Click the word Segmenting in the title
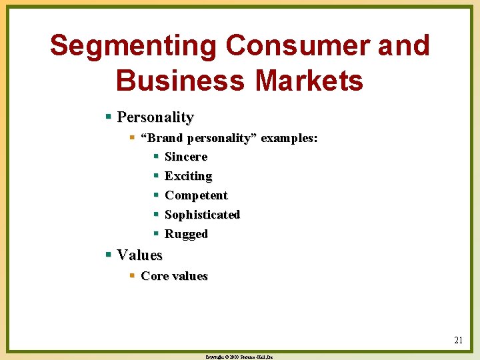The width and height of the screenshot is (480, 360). pos(133,46)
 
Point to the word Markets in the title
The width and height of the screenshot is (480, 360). pos(309,81)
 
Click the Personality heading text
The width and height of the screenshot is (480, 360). pos(155,117)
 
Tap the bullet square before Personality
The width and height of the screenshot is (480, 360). pos(109,117)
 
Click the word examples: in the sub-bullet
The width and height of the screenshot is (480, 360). pos(289,139)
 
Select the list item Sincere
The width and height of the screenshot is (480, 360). pos(186,157)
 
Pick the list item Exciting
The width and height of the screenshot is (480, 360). pos(188,176)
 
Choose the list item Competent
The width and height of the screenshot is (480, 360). pos(196,195)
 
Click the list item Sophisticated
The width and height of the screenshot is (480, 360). pos(202,215)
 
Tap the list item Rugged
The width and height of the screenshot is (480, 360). pos(186,234)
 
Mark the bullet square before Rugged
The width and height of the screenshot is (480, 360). pos(156,234)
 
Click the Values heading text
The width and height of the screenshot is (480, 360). pos(139,255)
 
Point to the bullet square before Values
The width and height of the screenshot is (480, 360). pos(109,255)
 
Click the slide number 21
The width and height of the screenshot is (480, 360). pos(458,340)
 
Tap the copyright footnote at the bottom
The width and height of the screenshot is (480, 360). pos(239,357)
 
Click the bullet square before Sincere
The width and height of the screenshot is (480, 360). pos(156,157)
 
